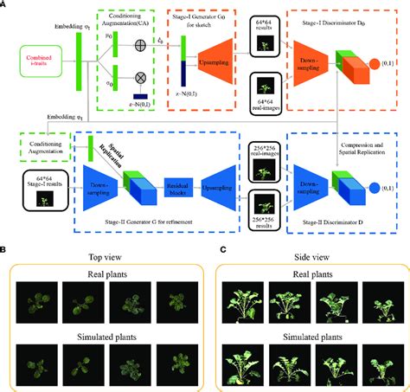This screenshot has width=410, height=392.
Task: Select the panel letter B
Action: tap(6, 249)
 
